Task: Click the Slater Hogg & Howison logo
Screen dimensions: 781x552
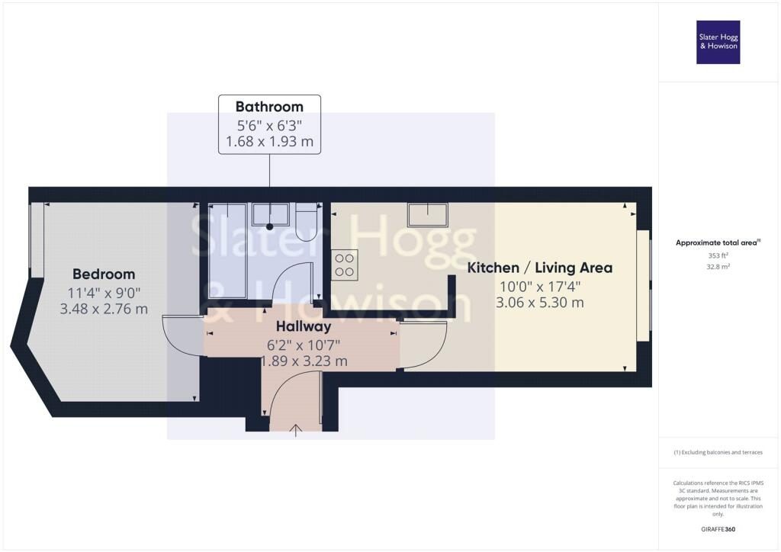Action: (x=718, y=42)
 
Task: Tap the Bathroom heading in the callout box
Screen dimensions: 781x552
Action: (x=269, y=107)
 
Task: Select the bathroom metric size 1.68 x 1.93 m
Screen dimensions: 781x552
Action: (x=269, y=141)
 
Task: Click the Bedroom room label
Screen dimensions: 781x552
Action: (x=104, y=274)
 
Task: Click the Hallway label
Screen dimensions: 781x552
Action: (x=304, y=327)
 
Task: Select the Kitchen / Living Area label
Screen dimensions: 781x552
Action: (x=540, y=268)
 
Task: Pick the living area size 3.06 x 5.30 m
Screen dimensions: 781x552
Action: (x=540, y=303)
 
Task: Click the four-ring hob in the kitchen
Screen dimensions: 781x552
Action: (x=344, y=265)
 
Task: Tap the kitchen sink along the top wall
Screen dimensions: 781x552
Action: (x=428, y=215)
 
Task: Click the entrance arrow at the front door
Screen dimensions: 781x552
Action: (x=296, y=431)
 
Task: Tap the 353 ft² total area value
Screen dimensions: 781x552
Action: (x=718, y=255)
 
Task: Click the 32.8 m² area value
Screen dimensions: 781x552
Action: (x=718, y=266)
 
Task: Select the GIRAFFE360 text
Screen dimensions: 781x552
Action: (x=718, y=529)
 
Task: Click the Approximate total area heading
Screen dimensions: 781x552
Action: (x=718, y=243)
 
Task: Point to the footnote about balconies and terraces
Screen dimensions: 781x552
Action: (x=718, y=452)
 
